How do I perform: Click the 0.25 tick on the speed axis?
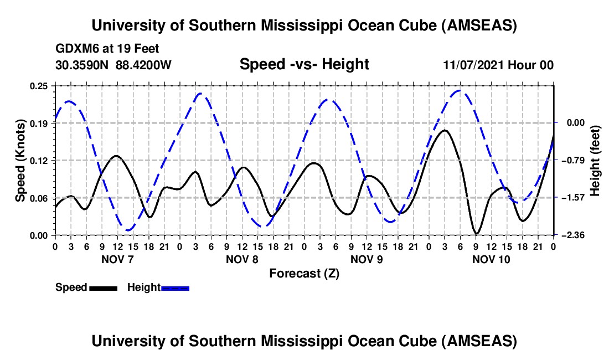41,86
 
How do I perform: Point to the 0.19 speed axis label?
41,123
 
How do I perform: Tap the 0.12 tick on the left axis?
41,161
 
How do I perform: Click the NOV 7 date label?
117,259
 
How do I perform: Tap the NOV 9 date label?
367,259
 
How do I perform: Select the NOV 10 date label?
492,259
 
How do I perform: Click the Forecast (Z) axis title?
304,273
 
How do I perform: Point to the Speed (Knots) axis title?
20,161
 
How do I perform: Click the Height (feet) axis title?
595,161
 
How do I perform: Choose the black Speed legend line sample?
103,288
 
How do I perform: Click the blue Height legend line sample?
175,288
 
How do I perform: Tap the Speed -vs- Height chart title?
304,64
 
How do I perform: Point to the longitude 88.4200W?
143,65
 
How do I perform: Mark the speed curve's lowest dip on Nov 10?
476,233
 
